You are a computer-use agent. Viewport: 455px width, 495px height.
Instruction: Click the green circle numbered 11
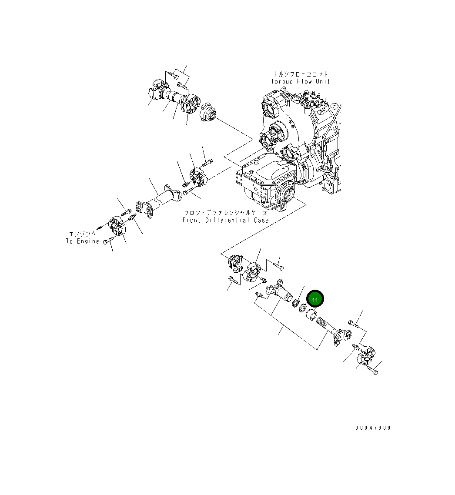point(315,299)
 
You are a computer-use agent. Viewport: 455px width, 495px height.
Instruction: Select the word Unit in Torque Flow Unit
point(322,82)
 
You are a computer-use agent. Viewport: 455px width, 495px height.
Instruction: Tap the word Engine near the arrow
point(89,241)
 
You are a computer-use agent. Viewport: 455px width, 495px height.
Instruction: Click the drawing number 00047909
point(373,428)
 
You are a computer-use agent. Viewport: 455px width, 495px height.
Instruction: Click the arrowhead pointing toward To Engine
point(98,227)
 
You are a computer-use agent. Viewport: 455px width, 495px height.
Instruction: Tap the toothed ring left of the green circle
point(297,303)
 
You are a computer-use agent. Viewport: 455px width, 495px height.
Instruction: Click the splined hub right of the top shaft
point(207,114)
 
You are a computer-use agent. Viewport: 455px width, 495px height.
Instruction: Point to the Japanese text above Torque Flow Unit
point(301,74)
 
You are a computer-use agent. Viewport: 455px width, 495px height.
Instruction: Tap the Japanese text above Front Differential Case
point(225,213)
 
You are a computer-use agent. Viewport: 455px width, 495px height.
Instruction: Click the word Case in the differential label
point(260,221)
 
